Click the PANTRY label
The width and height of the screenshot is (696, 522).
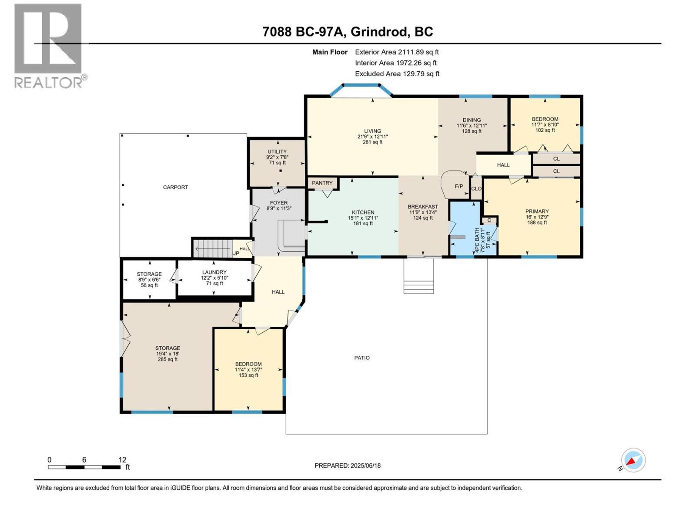[x=322, y=183]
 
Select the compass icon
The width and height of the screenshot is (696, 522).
[x=633, y=460]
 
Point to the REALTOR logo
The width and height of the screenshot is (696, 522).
[x=48, y=46]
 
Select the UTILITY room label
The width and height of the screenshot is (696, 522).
[x=277, y=152]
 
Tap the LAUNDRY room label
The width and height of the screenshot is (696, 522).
[x=214, y=272]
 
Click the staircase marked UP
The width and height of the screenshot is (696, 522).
[x=212, y=248]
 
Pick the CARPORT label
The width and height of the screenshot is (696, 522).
[x=175, y=187]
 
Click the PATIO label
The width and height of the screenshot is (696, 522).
[x=362, y=358]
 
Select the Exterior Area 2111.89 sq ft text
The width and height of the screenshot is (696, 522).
[x=397, y=52]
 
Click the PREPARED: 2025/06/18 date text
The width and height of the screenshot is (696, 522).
[x=348, y=465]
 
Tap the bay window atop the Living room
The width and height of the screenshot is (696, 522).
[x=361, y=90]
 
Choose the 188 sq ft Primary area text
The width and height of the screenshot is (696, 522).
[x=537, y=223]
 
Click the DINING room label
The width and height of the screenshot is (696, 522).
[x=472, y=120]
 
